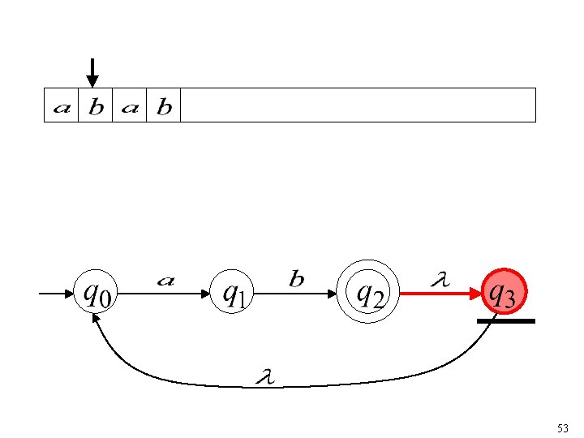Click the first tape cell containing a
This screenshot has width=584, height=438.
pyautogui.click(x=61, y=105)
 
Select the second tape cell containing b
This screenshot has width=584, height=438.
pyautogui.click(x=96, y=105)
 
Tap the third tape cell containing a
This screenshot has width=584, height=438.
pyautogui.click(x=130, y=105)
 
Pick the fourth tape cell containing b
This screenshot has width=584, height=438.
pyautogui.click(x=164, y=105)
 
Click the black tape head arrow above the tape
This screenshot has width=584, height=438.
pyautogui.click(x=92, y=72)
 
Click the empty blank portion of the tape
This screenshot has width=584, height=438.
pyautogui.click(x=357, y=105)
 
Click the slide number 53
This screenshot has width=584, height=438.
pyautogui.click(x=563, y=427)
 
